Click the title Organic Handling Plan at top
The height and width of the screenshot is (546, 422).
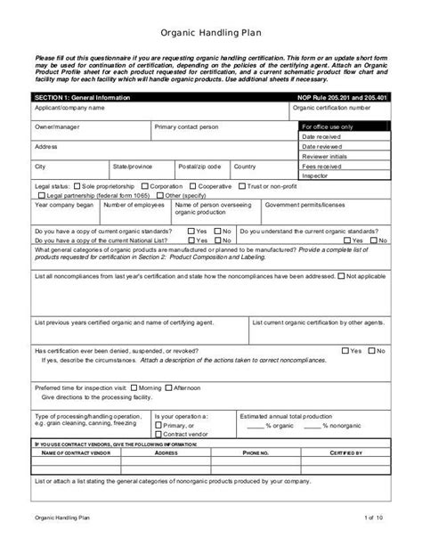210,33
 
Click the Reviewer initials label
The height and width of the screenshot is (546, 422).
325,156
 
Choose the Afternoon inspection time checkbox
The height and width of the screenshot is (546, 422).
168,388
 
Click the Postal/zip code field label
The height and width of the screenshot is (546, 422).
199,167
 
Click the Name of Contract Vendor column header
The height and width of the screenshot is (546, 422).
75,452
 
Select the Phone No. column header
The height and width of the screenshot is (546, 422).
255,452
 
